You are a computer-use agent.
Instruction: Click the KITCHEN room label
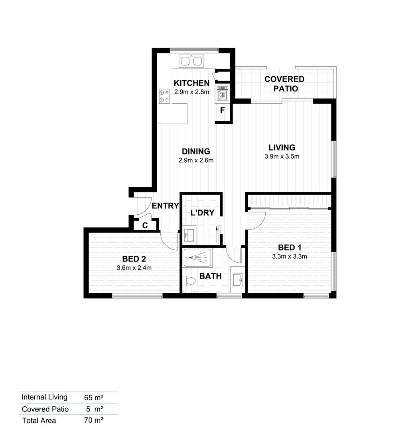(191, 83)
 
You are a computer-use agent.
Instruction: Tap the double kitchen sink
(191, 61)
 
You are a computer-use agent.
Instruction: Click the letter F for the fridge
(223, 110)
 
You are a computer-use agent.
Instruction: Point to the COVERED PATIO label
(284, 84)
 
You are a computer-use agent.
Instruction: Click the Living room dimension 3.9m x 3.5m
(282, 156)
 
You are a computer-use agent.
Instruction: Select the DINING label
(196, 151)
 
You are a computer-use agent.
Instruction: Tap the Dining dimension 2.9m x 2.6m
(196, 161)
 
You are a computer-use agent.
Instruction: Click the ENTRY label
(166, 206)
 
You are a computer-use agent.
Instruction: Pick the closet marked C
(145, 225)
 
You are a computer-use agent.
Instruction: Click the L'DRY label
(202, 213)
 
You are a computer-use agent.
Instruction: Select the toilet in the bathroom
(189, 281)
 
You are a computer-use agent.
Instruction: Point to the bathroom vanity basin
(238, 279)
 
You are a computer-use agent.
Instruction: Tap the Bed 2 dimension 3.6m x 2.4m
(134, 268)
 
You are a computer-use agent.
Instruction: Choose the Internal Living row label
(45, 397)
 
